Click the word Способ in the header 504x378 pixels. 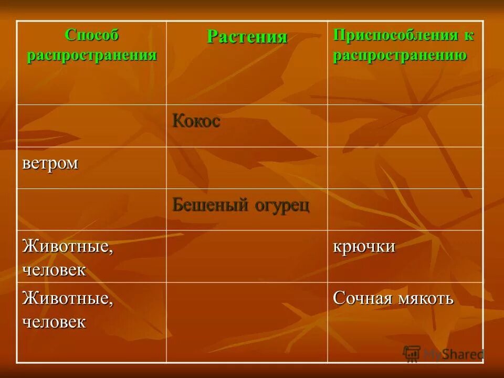point(92,35)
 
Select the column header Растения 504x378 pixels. point(247,37)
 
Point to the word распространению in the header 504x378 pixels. point(400,55)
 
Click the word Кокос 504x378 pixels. point(196,122)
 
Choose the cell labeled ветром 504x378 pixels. point(50,163)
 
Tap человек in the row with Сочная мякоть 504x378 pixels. point(54,321)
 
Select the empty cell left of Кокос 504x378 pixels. point(91,125)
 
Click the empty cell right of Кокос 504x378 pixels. point(405,125)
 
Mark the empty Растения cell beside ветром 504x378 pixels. point(247,167)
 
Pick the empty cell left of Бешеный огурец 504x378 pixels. point(91,209)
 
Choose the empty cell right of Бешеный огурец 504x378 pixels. point(405,209)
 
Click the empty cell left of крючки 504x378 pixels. point(247,256)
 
